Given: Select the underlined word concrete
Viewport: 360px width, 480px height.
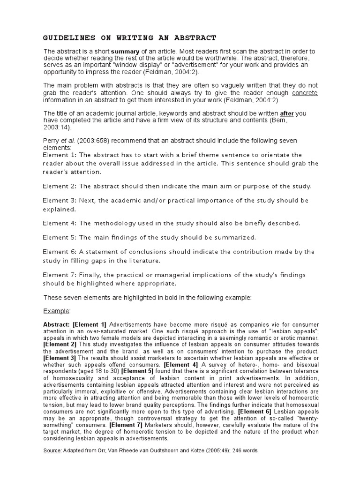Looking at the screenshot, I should (305, 93).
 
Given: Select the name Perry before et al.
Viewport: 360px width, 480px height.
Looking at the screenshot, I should (52, 141).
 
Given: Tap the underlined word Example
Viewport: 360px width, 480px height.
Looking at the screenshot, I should (56, 311).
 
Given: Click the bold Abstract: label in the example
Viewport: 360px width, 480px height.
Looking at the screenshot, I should (56, 324).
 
